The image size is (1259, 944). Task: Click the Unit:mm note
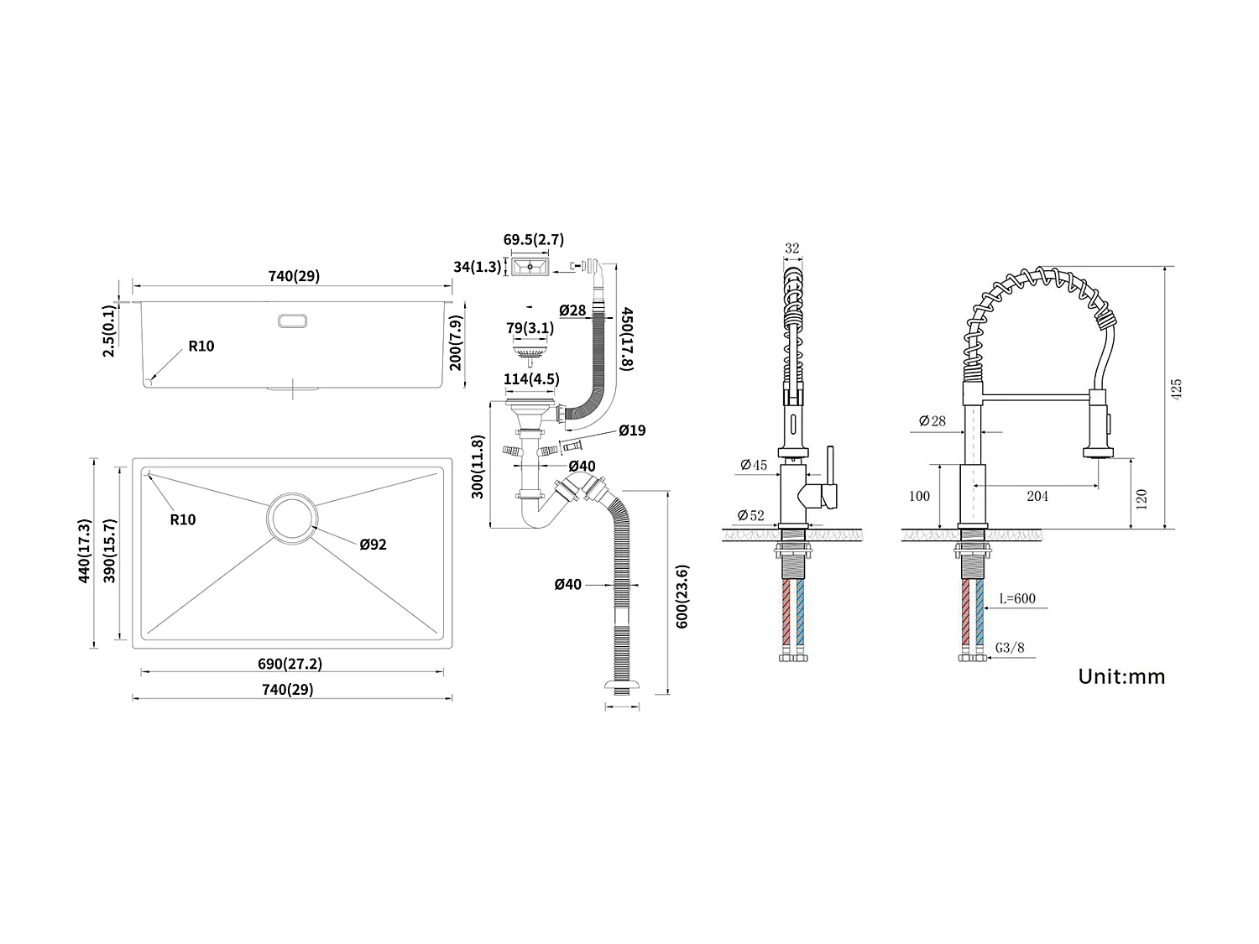(x=1121, y=676)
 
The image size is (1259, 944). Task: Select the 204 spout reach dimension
(x=1037, y=496)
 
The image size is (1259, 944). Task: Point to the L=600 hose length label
(x=1017, y=598)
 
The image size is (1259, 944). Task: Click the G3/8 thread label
(x=1010, y=647)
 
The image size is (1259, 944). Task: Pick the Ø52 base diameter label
(x=752, y=515)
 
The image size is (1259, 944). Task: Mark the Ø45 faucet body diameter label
(x=753, y=465)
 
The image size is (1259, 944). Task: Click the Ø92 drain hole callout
(x=373, y=545)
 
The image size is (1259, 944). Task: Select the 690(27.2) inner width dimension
(x=290, y=664)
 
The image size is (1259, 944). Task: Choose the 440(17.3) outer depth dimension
(x=84, y=551)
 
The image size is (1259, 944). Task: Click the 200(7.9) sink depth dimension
(x=456, y=342)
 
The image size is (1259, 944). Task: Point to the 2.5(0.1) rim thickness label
(x=109, y=331)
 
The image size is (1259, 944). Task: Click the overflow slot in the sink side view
(x=292, y=320)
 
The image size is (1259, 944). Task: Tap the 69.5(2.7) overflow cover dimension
(x=533, y=240)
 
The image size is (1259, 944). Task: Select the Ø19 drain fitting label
(x=632, y=430)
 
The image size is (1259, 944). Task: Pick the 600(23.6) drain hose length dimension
(x=682, y=597)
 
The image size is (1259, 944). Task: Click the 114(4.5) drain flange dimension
(x=530, y=379)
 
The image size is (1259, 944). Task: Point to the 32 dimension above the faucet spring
(x=791, y=248)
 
